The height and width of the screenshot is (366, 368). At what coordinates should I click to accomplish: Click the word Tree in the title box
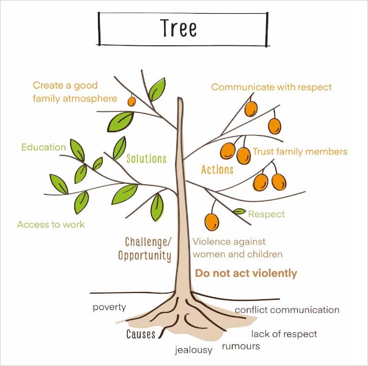pos(179,27)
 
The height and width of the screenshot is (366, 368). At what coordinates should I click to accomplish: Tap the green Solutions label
pos(147,159)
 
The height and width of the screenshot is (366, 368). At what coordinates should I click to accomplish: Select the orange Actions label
pos(217,170)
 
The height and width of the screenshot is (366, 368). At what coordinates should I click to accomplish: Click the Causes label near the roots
pos(141,334)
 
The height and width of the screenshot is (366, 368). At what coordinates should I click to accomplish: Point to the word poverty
pos(109,307)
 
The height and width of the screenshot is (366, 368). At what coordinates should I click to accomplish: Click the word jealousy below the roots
pos(193,350)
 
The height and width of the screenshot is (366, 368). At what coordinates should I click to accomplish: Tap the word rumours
pos(241,346)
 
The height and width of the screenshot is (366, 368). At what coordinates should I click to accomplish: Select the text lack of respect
pos(284,334)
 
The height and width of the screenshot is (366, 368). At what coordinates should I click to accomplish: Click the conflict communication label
pos(287,310)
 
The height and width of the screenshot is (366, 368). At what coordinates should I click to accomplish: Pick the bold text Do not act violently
pos(246,273)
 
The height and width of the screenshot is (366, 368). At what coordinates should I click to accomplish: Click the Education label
pos(43,147)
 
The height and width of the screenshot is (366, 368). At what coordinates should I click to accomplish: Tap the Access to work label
pos(51,224)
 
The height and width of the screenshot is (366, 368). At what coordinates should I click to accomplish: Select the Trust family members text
pos(300,151)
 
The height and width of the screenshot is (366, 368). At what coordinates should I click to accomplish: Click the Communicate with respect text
pos(271,87)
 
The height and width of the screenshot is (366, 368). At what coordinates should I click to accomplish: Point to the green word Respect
pos(266,214)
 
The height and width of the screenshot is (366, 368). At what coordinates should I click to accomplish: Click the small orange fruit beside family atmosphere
pos(132,101)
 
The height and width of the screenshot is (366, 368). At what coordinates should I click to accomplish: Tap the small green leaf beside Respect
pos(239,211)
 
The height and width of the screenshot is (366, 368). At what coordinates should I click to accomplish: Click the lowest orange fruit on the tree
pos(212,222)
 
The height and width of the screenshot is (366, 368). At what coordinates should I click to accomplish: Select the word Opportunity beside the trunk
pos(145,256)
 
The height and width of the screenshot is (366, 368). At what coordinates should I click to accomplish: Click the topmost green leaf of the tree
pos(157,90)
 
